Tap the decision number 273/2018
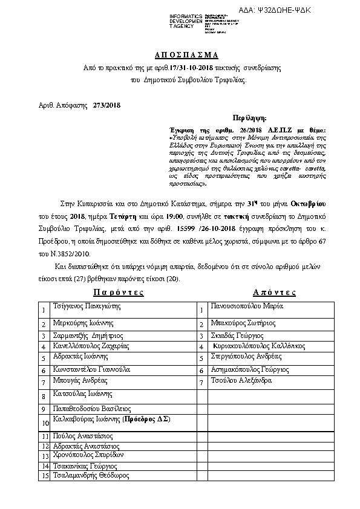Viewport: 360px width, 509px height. pos(107,105)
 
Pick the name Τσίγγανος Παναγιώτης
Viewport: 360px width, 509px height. pos(87,306)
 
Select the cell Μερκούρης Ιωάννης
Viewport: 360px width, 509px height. pos(80,323)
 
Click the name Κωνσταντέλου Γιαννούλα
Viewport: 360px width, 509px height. pos(91,369)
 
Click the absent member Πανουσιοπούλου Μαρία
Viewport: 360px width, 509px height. pos(247,306)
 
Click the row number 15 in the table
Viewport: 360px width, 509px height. pos(44,476)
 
